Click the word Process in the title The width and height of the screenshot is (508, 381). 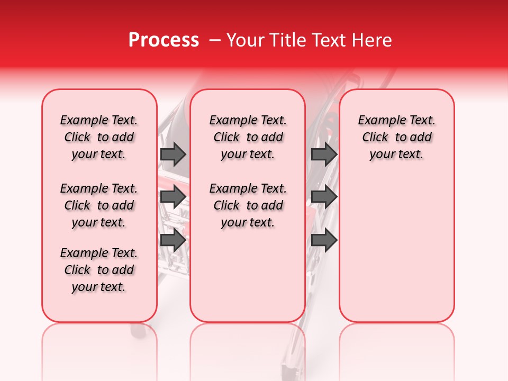click(x=164, y=40)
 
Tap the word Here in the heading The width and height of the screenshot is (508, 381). click(x=371, y=40)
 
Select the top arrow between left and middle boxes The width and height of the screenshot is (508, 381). click(x=173, y=154)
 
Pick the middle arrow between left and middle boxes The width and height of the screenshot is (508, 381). click(x=173, y=197)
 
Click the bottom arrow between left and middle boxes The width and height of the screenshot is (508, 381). click(x=173, y=240)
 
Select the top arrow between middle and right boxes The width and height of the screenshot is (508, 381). click(x=324, y=154)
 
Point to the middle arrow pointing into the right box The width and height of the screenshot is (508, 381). click(x=324, y=197)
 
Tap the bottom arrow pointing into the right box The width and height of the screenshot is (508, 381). click(x=324, y=240)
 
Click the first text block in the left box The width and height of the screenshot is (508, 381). click(x=99, y=137)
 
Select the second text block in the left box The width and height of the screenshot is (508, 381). click(x=99, y=205)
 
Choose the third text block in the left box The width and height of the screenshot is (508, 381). click(x=99, y=270)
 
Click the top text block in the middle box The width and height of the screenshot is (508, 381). click(x=248, y=137)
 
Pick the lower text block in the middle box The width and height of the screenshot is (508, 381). click(x=248, y=205)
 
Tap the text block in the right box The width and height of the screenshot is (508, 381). click(x=396, y=137)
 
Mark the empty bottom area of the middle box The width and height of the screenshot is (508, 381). click(x=248, y=280)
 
